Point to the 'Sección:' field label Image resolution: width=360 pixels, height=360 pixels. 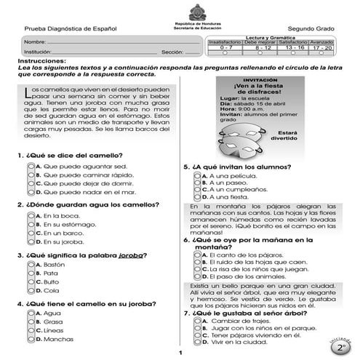click(172, 53)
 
